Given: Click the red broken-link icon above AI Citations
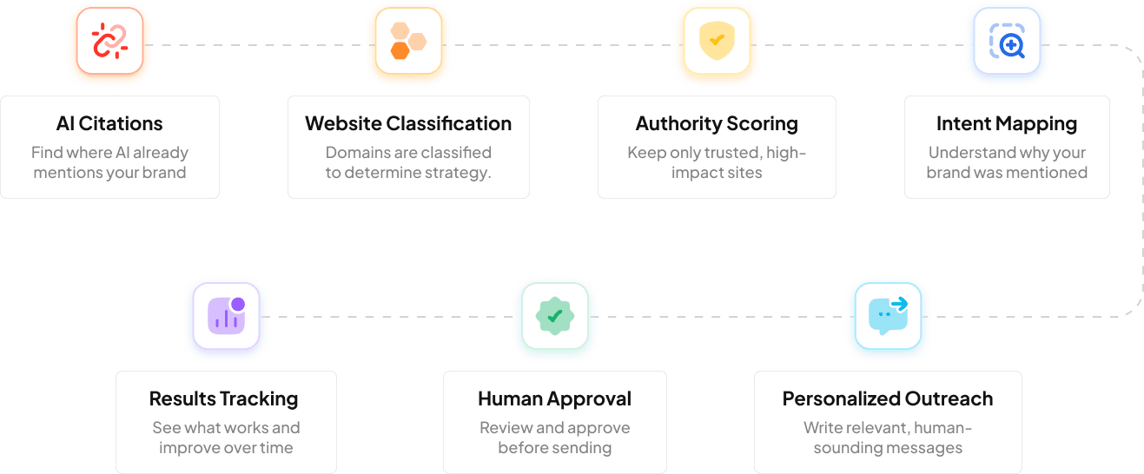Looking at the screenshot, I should [x=109, y=41].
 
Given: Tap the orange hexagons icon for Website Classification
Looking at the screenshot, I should [x=407, y=41].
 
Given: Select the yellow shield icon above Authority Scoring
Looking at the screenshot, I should [x=717, y=41].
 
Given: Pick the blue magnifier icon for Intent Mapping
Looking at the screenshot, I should [x=1007, y=41].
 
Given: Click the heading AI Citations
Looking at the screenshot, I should [x=109, y=123].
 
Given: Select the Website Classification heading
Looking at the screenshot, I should [x=408, y=123].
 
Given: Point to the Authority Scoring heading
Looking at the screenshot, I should [x=717, y=123].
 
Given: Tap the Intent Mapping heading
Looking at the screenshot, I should [x=1007, y=123].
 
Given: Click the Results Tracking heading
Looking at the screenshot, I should [x=223, y=398].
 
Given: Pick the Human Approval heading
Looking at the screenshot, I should [x=554, y=398].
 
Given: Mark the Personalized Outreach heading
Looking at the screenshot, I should [x=888, y=398].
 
